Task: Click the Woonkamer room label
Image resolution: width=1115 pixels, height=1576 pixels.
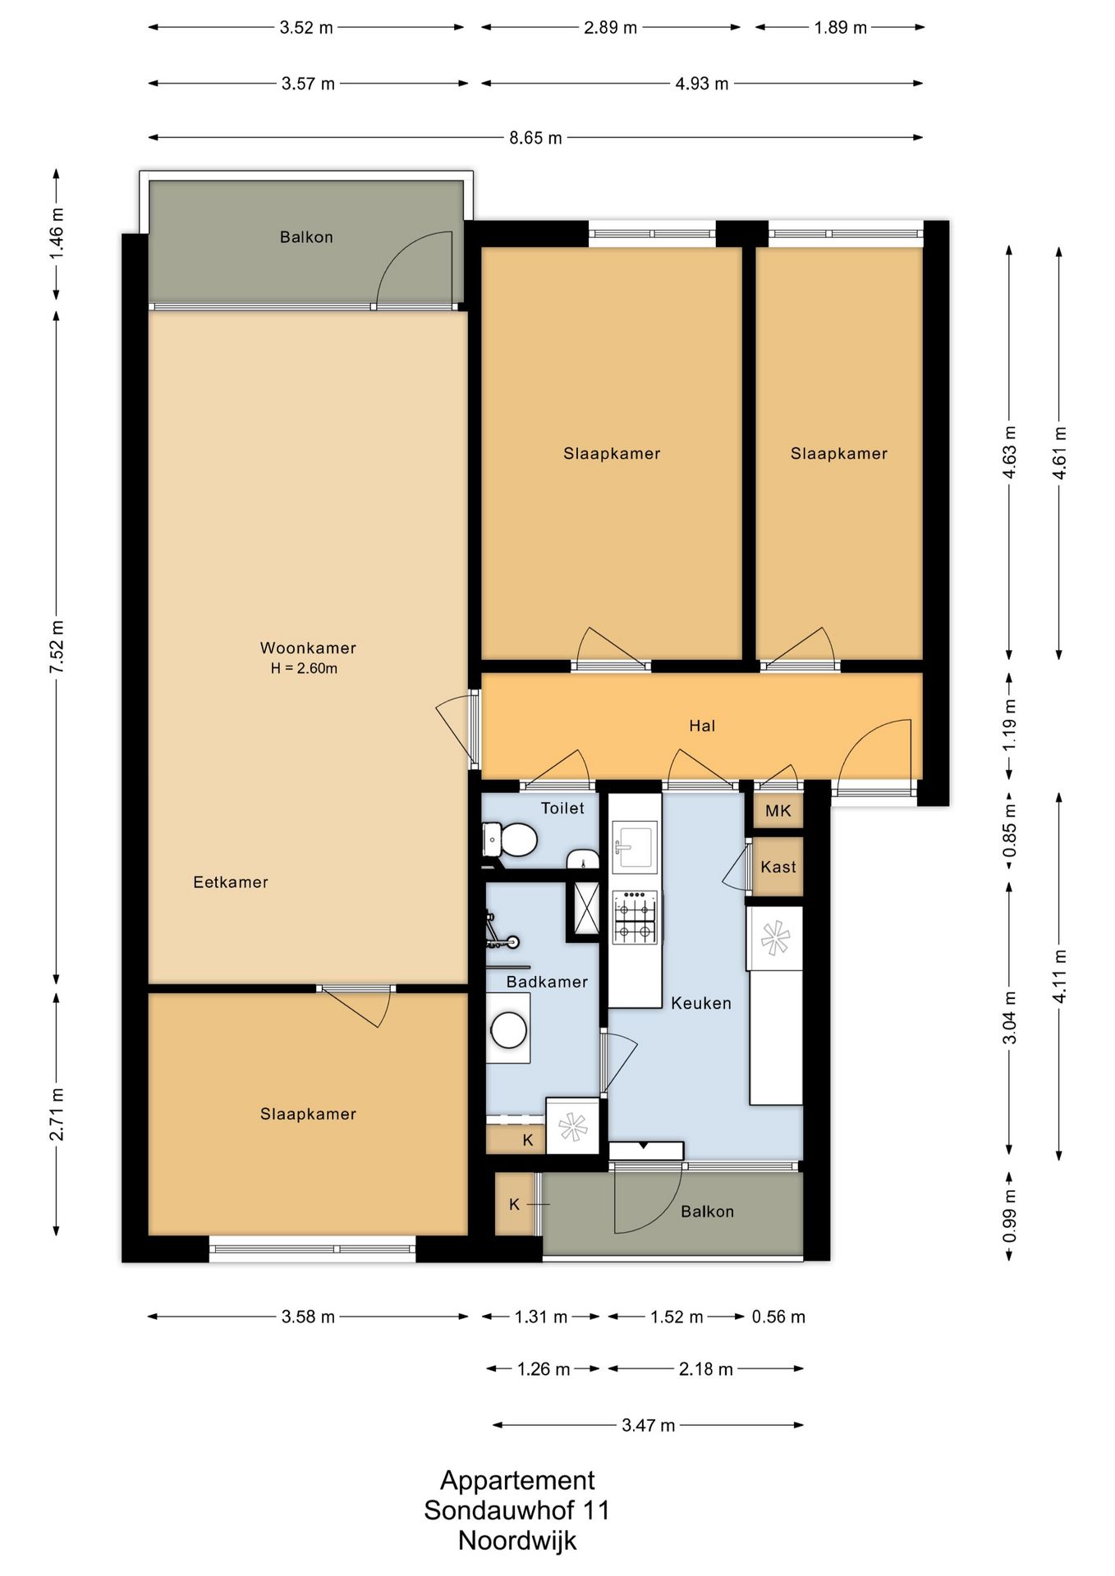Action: [x=308, y=648]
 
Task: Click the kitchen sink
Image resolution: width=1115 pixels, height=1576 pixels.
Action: [x=635, y=847]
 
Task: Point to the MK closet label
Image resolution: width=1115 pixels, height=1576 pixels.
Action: [x=778, y=811]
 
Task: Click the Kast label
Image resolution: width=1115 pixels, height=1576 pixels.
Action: [x=778, y=867]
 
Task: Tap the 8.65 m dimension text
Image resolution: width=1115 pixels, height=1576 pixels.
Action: [x=536, y=138]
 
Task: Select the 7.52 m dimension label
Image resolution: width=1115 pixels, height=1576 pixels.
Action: [x=57, y=648]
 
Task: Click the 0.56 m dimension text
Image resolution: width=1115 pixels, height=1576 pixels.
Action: [x=778, y=1317]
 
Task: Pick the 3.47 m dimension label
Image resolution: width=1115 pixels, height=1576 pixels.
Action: [x=649, y=1425]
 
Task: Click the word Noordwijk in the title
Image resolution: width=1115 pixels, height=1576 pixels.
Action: [x=517, y=1540]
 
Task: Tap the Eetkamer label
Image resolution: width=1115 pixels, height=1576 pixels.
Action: [x=231, y=882]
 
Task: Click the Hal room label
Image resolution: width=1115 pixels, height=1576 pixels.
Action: [x=702, y=726]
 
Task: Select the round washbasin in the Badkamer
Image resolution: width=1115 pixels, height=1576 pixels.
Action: [x=509, y=1029]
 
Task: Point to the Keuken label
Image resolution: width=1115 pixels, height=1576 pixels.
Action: [x=701, y=1003]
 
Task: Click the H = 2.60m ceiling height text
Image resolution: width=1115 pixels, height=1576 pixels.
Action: [x=305, y=668]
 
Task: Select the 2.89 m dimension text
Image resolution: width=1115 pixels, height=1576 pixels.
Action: [x=611, y=28]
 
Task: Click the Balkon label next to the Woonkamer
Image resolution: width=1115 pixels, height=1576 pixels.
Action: [x=306, y=237]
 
